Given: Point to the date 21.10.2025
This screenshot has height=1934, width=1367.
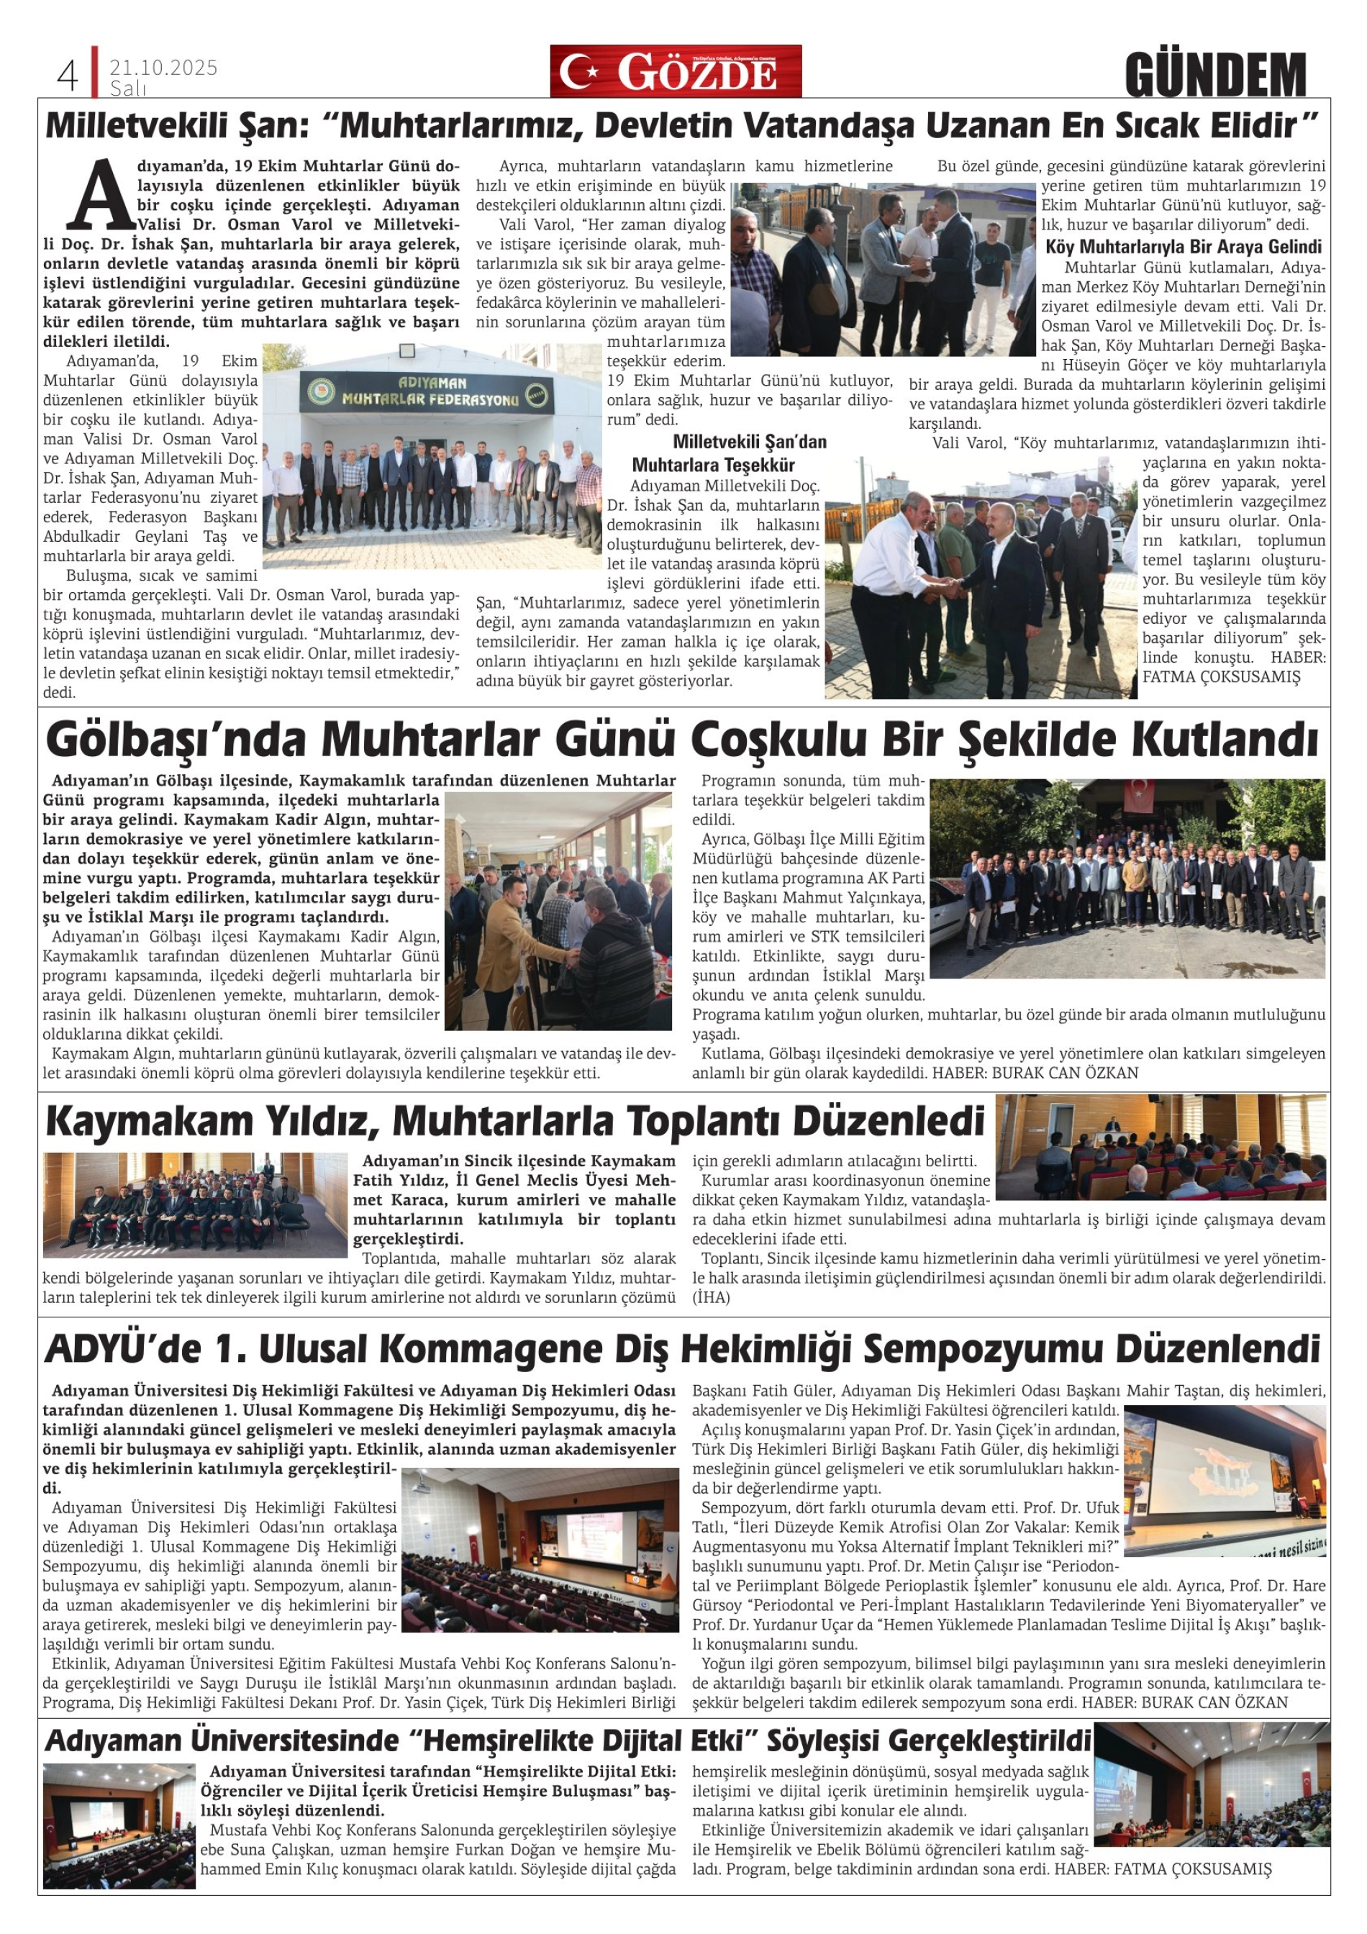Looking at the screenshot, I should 163,68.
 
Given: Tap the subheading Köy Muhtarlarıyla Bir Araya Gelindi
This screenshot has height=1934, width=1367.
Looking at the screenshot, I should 1184,247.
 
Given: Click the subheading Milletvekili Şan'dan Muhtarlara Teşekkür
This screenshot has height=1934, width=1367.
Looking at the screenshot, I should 727,453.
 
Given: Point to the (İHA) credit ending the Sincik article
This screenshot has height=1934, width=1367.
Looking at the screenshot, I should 712,1297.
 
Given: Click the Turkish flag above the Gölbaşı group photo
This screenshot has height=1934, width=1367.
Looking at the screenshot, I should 1141,790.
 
